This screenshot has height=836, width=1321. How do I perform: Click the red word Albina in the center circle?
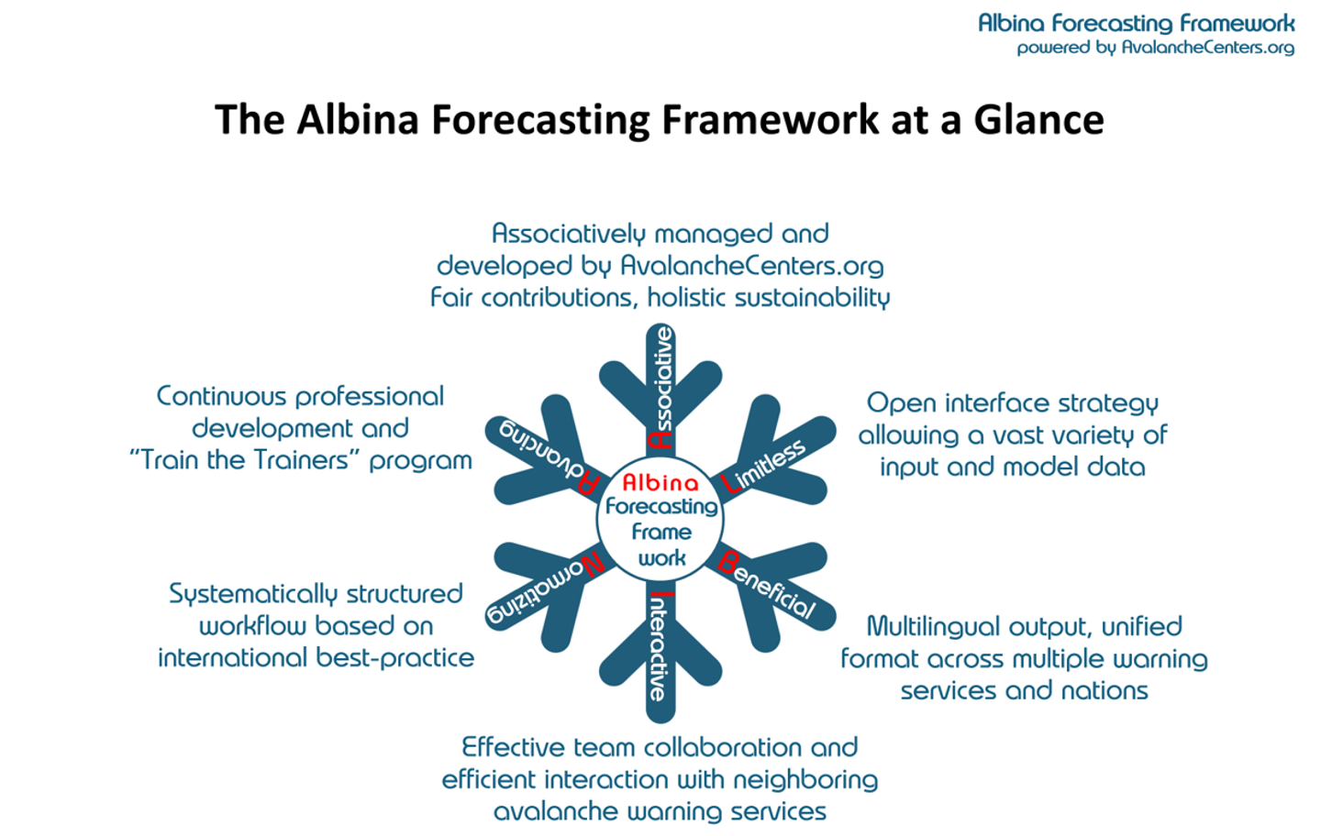coord(660,482)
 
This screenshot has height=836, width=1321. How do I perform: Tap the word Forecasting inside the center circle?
coord(660,506)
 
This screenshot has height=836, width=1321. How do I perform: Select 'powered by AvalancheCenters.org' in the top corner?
coord(1155,48)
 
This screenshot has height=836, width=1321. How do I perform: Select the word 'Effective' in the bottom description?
coord(515,747)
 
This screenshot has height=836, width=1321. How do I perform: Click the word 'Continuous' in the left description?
coord(221,397)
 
